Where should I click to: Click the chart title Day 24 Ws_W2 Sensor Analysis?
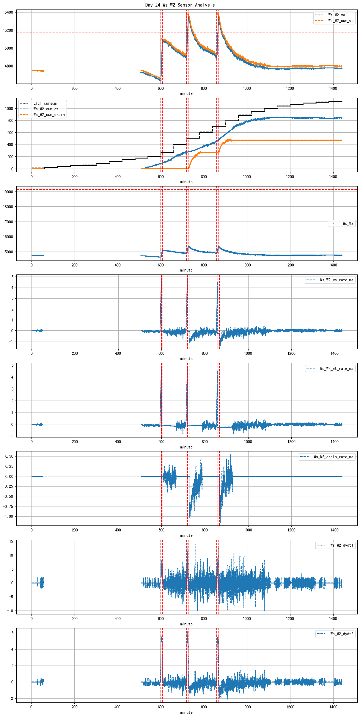point(180,5)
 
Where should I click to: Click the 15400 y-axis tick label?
point(8,12)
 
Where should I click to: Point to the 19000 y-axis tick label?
point(8,192)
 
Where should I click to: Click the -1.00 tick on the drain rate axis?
point(8,517)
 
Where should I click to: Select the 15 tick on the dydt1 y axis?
point(11,542)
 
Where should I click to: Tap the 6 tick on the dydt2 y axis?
point(12,633)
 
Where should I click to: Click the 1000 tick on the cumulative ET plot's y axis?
point(9,109)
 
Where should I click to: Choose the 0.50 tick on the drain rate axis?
point(9,456)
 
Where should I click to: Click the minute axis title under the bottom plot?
point(186,713)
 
